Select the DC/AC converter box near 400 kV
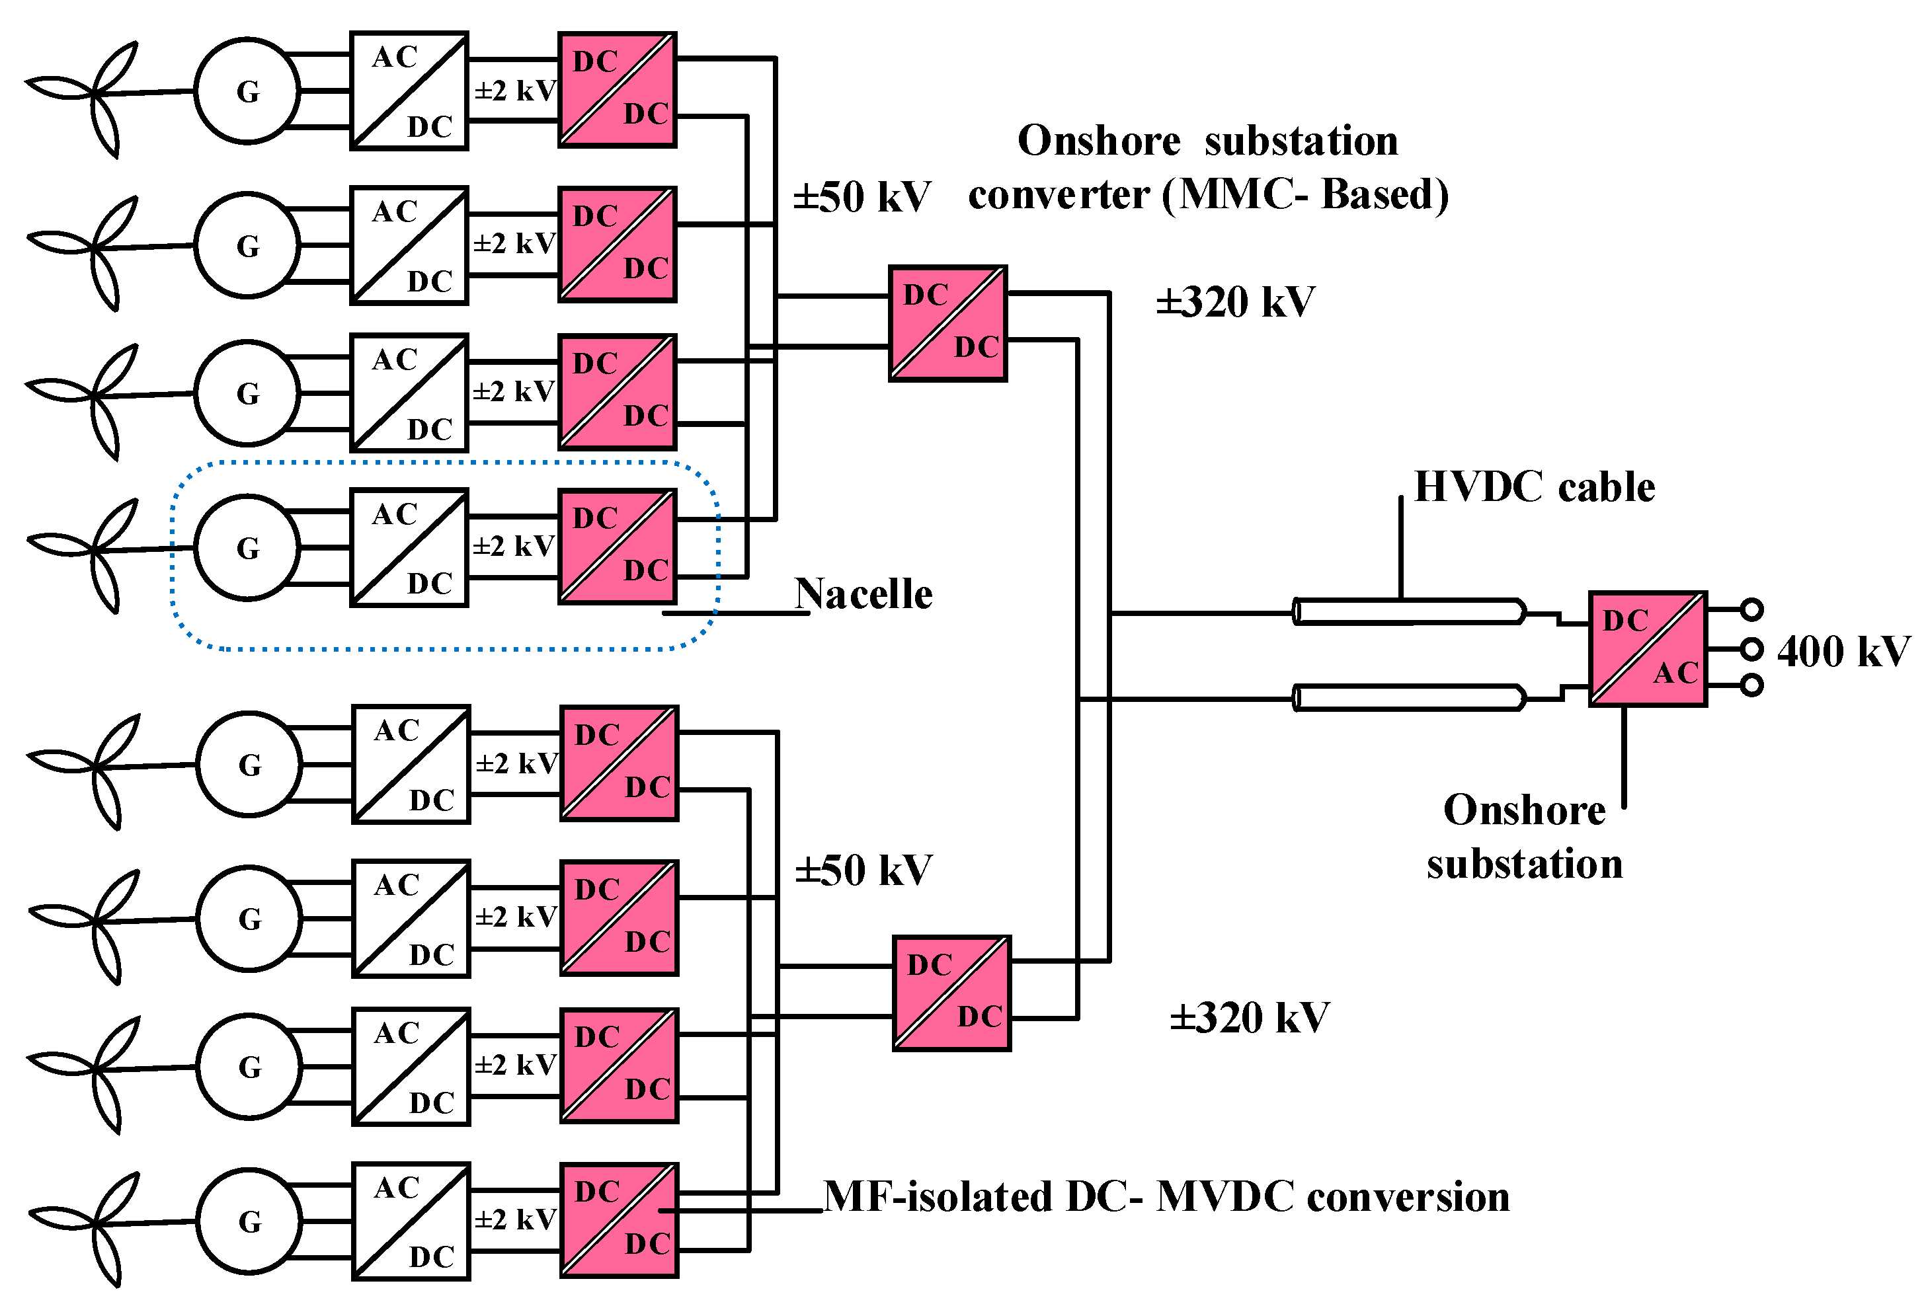tap(1647, 649)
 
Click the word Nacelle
tap(863, 594)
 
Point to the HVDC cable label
tap(1534, 487)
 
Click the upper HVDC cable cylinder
tap(1408, 611)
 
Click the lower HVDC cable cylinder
tap(1408, 698)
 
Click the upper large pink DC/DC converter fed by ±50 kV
tap(947, 323)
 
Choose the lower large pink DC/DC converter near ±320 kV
tap(951, 993)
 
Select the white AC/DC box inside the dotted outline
tap(409, 548)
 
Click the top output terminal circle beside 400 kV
tap(1751, 610)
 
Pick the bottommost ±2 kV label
tap(516, 1219)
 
